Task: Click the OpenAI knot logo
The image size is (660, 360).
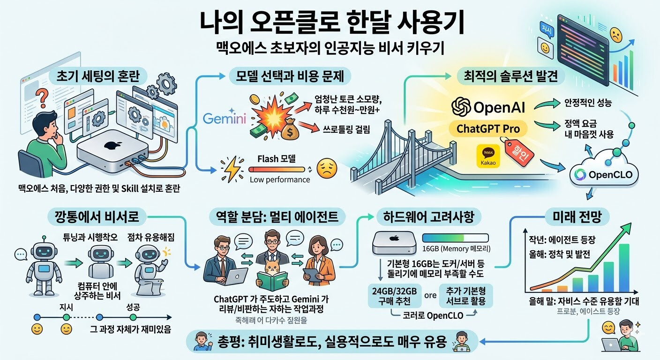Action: pos(461,106)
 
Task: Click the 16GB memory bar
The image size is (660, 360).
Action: pos(455,238)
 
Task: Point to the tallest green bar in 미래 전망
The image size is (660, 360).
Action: pos(623,268)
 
